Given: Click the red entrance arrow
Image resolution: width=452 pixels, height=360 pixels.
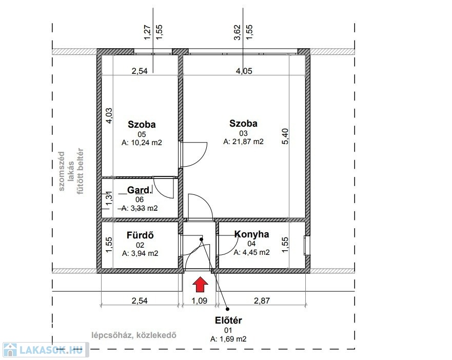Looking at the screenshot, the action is (x=200, y=285).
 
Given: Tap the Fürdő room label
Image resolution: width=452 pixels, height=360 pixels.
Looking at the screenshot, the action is (x=140, y=235).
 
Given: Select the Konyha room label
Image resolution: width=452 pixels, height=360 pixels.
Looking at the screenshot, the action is (x=252, y=234).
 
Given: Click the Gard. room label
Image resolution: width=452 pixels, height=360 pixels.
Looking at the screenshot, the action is (x=139, y=190).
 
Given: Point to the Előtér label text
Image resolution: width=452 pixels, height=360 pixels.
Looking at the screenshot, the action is (x=228, y=320).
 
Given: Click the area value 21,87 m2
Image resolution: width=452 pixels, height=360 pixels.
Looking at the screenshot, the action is (x=243, y=142).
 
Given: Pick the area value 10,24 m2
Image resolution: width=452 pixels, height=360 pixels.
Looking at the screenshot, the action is (x=142, y=143).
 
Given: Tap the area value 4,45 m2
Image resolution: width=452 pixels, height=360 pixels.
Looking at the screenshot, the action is (x=252, y=252).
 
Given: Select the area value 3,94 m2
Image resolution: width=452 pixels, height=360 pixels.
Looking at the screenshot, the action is (x=140, y=253).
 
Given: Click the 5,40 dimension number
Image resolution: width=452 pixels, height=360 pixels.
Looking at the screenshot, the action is (x=285, y=136).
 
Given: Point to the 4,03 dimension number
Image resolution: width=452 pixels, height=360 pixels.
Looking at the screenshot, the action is (x=109, y=115).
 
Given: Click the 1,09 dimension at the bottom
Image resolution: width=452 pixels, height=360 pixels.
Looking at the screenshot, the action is (x=200, y=301).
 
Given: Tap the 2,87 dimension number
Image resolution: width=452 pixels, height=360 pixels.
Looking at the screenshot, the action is (x=262, y=301).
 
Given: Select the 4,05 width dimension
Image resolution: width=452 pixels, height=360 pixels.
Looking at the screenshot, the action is (x=244, y=71).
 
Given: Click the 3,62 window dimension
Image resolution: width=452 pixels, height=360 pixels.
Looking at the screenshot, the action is (x=237, y=33).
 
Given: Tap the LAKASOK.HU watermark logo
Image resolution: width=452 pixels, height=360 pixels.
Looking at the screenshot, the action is (x=46, y=350).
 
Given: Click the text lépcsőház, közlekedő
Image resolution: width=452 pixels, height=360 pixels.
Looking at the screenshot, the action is (x=134, y=335).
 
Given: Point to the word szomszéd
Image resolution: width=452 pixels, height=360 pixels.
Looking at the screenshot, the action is (x=62, y=171).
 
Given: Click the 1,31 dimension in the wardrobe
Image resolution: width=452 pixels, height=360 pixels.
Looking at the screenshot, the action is (x=109, y=199).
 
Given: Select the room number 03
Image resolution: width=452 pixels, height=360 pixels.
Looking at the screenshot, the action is (x=243, y=133).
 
